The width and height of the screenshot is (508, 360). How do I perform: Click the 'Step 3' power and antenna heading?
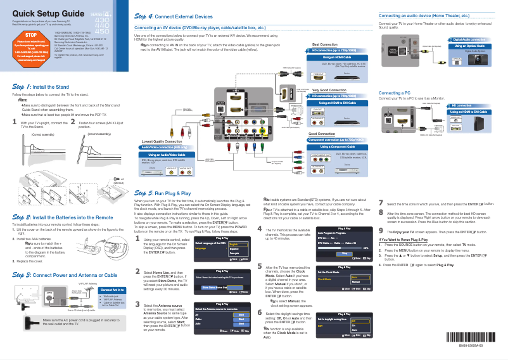point(65,275)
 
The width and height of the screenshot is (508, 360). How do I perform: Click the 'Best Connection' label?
point(324,44)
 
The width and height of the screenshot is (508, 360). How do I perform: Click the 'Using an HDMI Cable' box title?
point(338,57)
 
